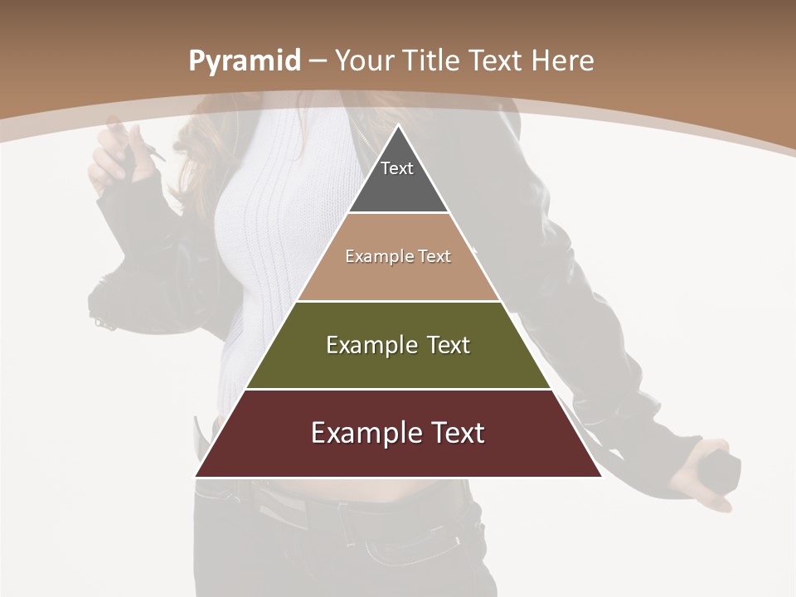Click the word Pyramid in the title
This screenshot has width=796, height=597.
[244, 61]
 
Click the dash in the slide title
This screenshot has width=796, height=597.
[318, 61]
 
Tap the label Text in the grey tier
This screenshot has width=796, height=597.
[397, 168]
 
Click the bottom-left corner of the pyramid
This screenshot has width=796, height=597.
[196, 476]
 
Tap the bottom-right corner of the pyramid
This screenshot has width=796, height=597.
[601, 476]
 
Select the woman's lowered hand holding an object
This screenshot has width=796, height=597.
[705, 473]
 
